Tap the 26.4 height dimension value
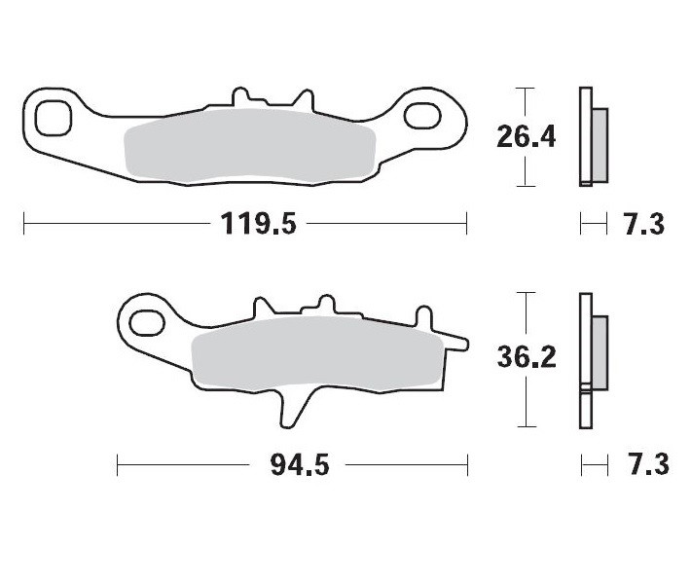pyautogui.click(x=526, y=136)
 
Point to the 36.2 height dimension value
pyautogui.click(x=526, y=358)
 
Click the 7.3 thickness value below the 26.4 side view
pyautogui.click(x=642, y=225)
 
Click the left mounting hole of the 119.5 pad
pyautogui.click(x=52, y=116)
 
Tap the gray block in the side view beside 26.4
pyautogui.click(x=600, y=144)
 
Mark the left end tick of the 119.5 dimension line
pyautogui.click(x=23, y=224)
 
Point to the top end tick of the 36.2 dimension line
pyautogui.click(x=526, y=292)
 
